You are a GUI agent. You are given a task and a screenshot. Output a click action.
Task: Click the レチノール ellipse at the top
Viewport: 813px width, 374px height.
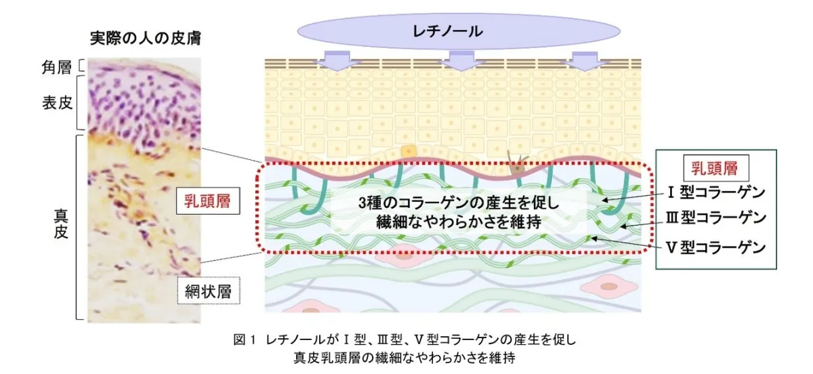[459, 32]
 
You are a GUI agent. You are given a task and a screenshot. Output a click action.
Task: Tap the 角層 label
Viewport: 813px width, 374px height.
[57, 67]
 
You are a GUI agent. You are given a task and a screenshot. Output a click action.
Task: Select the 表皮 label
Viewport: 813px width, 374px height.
[58, 103]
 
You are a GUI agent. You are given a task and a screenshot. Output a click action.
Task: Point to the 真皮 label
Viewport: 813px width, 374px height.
[61, 224]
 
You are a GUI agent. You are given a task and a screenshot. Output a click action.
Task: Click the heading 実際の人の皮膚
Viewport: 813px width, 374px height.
[146, 38]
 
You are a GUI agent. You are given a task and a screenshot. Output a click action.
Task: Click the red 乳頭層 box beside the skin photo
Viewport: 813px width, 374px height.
[208, 201]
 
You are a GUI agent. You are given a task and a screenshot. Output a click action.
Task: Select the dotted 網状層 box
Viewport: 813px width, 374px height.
[209, 291]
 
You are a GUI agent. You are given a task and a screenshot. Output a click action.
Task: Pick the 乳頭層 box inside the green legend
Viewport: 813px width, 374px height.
[715, 168]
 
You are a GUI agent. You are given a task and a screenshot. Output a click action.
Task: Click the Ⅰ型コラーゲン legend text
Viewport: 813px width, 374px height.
[716, 192]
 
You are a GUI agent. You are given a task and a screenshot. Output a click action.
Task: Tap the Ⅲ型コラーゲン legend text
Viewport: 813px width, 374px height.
[716, 217]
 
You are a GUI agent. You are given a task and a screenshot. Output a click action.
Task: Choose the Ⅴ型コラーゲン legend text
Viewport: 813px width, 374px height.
[716, 247]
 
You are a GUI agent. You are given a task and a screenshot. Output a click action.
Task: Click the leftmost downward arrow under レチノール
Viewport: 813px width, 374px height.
[337, 61]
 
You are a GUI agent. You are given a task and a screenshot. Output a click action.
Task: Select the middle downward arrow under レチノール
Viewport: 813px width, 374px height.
[461, 61]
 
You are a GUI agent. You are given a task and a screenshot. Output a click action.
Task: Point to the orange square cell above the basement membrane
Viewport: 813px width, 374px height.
[409, 151]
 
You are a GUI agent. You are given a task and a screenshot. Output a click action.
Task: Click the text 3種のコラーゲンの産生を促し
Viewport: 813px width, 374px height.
[459, 203]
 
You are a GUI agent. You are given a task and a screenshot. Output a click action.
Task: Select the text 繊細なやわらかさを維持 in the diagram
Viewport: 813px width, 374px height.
[459, 222]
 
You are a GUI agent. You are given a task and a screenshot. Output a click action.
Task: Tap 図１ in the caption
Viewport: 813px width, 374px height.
[245, 340]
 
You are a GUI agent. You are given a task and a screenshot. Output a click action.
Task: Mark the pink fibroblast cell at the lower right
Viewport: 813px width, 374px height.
[609, 287]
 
